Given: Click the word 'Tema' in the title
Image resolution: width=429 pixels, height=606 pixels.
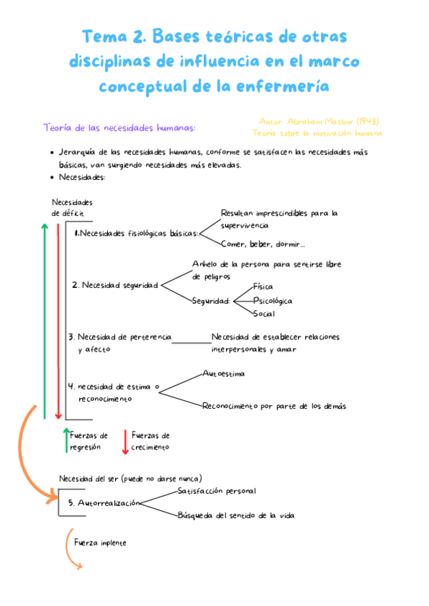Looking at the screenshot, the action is point(104,36).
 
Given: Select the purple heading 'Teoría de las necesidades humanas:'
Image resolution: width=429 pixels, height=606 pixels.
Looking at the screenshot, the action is point(119,128).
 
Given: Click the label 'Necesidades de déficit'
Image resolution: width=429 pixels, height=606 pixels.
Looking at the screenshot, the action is point(71,208).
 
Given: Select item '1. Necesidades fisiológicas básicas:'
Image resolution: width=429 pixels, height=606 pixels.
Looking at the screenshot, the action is point(136,233).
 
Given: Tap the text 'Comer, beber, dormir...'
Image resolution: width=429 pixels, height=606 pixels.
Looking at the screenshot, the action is point(262,244).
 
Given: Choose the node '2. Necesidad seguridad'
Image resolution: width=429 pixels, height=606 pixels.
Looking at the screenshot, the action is point(115,284).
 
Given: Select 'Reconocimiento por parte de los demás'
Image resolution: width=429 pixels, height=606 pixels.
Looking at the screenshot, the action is point(274,406).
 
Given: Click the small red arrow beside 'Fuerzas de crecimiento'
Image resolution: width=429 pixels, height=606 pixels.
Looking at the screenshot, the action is point(124,441).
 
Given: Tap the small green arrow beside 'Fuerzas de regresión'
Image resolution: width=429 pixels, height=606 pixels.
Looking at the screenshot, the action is point(66,441).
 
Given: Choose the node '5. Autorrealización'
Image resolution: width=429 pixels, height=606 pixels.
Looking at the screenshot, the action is point(104,503).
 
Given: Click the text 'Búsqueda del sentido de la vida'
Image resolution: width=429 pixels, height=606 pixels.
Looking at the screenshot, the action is point(236,515).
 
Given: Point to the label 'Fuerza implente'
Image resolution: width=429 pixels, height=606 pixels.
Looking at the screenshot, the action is point(100,542).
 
